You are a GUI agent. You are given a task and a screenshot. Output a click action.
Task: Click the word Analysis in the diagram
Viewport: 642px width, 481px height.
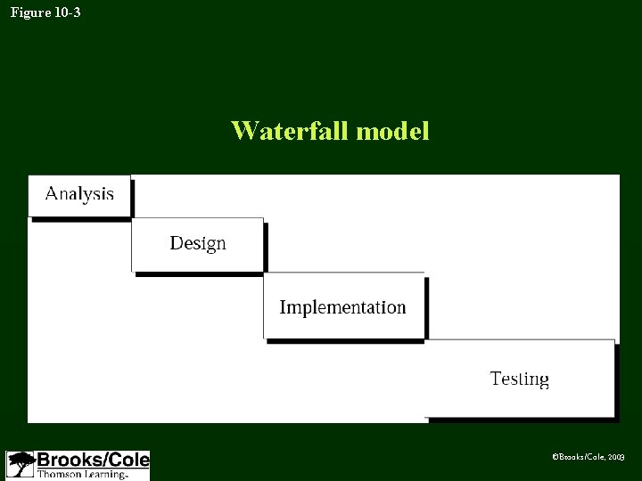click(x=79, y=193)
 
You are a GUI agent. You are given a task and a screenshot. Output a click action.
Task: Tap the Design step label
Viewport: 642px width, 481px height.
click(x=198, y=243)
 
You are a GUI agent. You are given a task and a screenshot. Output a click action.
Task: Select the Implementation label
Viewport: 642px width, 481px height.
click(x=342, y=307)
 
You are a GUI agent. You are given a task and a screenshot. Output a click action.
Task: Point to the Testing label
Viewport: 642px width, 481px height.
click(x=519, y=379)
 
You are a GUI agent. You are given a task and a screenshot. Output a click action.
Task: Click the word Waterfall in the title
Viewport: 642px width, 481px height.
click(x=291, y=131)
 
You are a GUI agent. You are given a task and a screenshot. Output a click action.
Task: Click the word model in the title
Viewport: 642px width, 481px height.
click(x=392, y=131)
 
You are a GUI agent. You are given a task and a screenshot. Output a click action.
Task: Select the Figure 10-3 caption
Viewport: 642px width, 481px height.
click(x=45, y=12)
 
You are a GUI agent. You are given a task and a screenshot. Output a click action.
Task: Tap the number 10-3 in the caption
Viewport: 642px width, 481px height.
click(x=67, y=12)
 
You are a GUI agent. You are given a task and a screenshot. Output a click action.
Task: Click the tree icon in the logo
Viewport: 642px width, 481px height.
click(x=21, y=465)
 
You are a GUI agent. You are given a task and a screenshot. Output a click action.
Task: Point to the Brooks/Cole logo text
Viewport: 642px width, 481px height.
click(x=92, y=461)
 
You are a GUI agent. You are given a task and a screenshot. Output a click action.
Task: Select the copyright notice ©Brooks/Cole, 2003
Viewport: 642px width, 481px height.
click(x=588, y=456)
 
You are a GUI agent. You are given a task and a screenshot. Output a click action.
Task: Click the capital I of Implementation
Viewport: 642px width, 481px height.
click(x=283, y=307)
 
